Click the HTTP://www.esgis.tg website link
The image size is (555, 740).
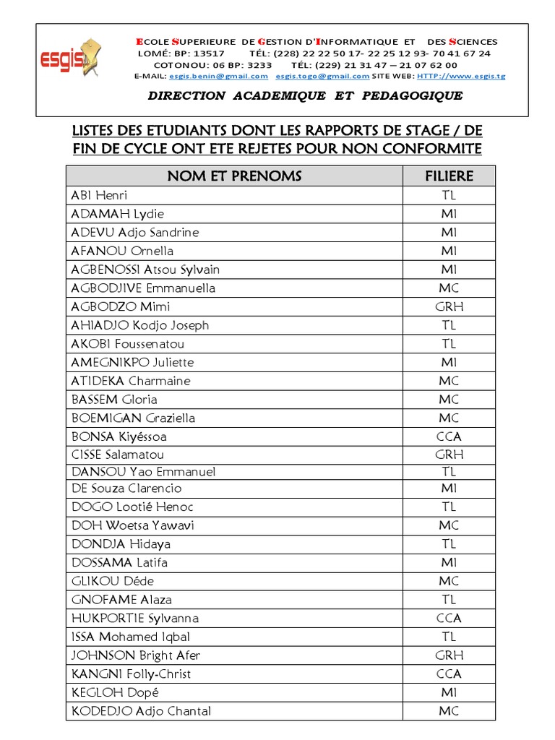452,76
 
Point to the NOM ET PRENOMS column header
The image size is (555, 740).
234,176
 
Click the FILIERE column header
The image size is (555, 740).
449,176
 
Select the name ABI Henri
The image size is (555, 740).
99,195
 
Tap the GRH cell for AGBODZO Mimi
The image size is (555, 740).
449,306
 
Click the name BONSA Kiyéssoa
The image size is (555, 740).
119,436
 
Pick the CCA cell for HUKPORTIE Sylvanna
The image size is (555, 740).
449,618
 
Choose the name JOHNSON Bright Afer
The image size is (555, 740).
136,655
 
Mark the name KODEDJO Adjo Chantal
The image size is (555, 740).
142,711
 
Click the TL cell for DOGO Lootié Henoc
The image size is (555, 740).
449,507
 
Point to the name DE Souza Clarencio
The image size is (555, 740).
126,489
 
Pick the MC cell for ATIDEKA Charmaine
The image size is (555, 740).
449,381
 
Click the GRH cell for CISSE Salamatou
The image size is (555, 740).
449,455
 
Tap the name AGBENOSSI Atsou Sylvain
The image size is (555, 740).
145,270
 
